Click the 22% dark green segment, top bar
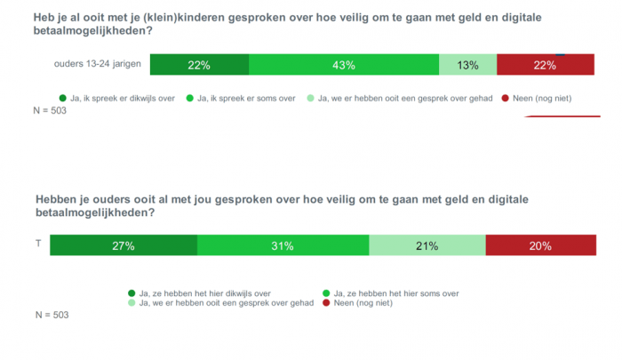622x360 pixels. (199, 65)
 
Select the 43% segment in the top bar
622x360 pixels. (344, 65)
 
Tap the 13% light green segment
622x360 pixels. (468, 65)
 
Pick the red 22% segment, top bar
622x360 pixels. (545, 65)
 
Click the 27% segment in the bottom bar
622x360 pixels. (124, 246)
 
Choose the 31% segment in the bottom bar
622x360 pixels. (283, 246)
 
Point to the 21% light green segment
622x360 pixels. (427, 246)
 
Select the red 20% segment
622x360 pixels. (539, 246)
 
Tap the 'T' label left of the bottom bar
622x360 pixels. (37, 242)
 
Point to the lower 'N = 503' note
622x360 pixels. (52, 315)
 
